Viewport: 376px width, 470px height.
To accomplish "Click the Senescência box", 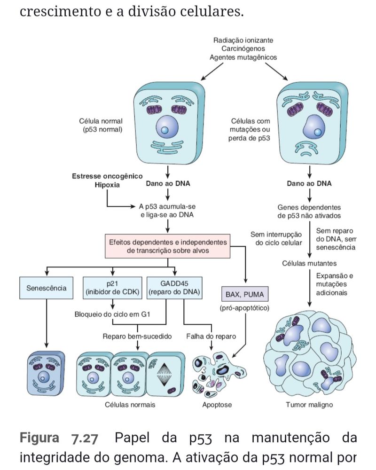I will tap(46, 288).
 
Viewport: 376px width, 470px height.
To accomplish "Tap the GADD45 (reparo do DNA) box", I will tap(174, 288).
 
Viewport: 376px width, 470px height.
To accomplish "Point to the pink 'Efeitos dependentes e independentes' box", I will tap(168, 247).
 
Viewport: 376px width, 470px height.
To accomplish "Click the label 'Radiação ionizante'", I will tap(243, 40).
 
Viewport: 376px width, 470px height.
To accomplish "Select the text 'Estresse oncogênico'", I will tap(107, 176).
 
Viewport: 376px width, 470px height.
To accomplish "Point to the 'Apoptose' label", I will tap(217, 405).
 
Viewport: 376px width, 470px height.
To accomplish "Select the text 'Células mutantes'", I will tap(309, 263).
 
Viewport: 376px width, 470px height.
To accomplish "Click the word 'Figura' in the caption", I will tap(39, 439).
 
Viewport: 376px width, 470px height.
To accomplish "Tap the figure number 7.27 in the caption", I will tap(84, 439).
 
